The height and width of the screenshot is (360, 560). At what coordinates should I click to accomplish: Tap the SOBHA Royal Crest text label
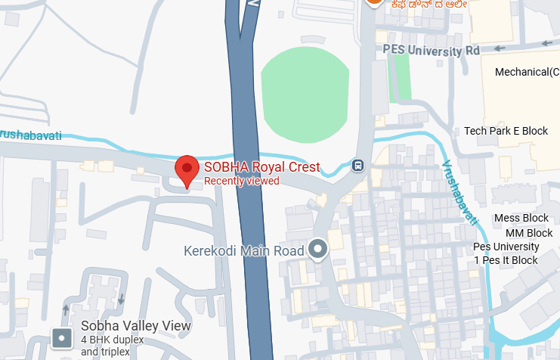tap(262, 168)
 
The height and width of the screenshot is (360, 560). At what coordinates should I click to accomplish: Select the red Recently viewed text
tap(242, 181)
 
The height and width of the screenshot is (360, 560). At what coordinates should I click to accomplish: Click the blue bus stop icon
tap(357, 165)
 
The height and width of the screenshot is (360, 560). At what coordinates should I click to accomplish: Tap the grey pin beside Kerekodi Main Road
tap(318, 249)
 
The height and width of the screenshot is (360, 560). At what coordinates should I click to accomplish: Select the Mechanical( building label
tap(527, 72)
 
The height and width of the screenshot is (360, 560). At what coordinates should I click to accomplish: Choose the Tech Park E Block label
tap(506, 131)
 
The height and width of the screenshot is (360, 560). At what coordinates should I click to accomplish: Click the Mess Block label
tap(521, 219)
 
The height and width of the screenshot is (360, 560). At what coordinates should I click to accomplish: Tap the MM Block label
tap(529, 233)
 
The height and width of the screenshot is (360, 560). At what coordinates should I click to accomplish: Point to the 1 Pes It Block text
tap(506, 260)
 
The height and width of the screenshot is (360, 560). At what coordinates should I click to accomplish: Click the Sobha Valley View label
tap(136, 326)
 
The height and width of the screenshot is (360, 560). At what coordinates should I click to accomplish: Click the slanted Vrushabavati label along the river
tap(460, 192)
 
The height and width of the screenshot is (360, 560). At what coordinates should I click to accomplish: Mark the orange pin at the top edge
tap(373, 3)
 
